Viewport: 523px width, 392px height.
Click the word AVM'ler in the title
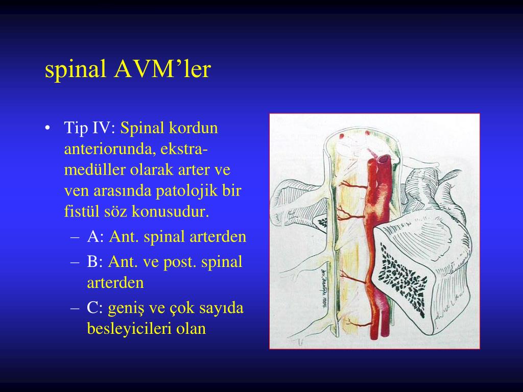pos(162,70)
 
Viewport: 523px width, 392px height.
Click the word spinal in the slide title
pos(76,70)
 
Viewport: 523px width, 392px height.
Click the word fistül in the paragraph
pos(80,211)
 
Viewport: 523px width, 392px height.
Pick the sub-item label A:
pos(96,237)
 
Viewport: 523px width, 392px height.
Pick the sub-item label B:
pos(96,262)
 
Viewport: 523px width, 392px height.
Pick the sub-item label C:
pos(96,308)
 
